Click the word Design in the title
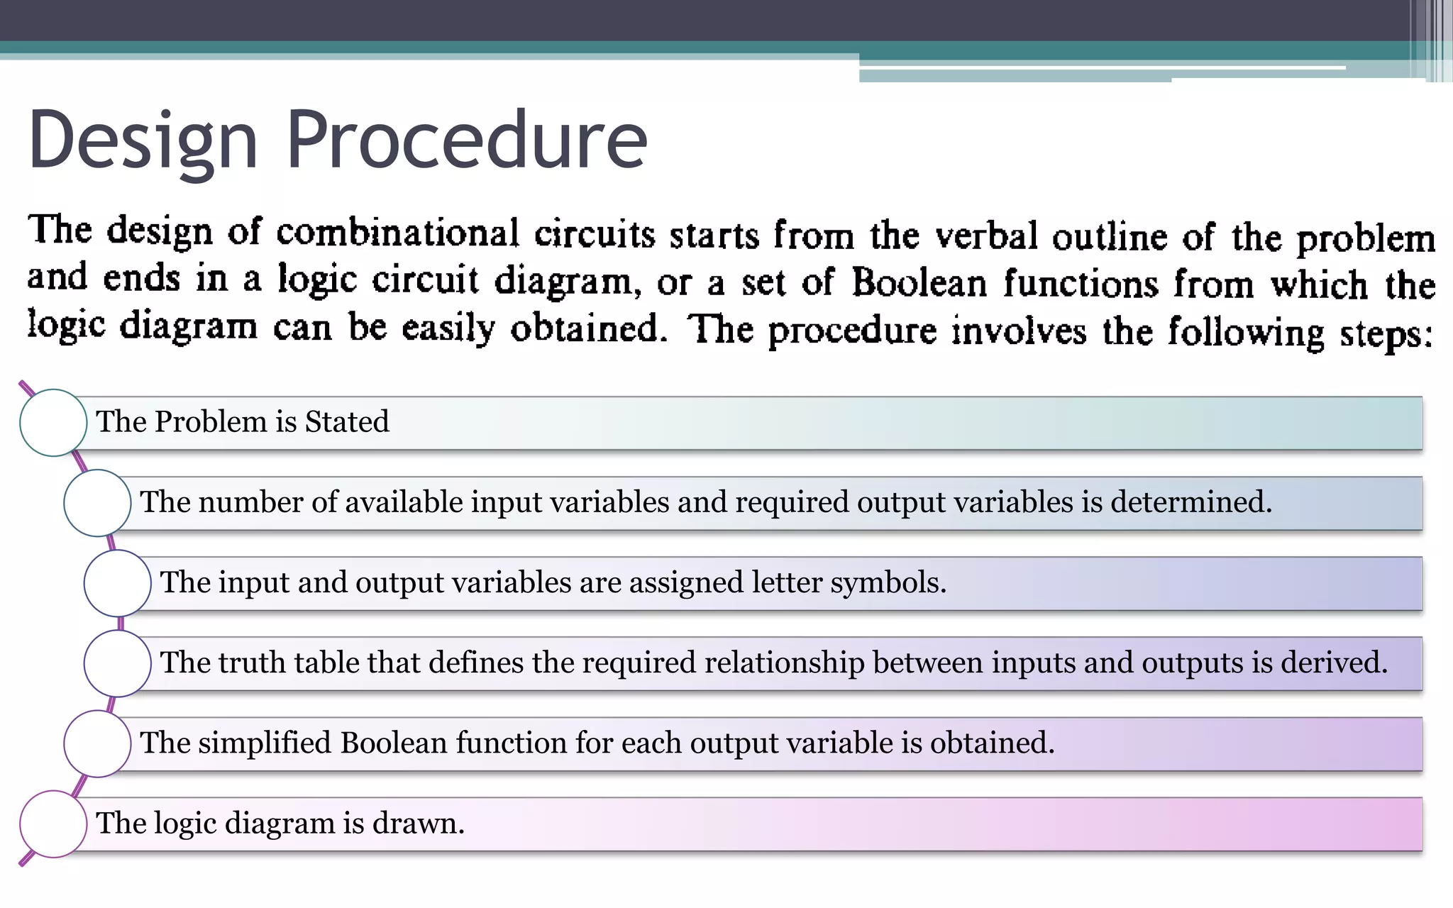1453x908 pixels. click(142, 140)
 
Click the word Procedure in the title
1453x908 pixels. click(466, 140)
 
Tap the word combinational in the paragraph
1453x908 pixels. click(397, 233)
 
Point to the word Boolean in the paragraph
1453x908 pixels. click(919, 283)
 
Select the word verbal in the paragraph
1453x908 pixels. click(987, 236)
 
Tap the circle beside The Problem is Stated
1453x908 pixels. click(53, 423)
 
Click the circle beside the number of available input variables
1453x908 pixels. click(97, 503)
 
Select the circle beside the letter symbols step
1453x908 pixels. click(117, 583)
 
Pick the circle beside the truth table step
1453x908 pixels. click(117, 663)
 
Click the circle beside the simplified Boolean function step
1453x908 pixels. click(97, 743)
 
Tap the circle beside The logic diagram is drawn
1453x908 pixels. click(53, 824)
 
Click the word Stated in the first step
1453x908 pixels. click(347, 421)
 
